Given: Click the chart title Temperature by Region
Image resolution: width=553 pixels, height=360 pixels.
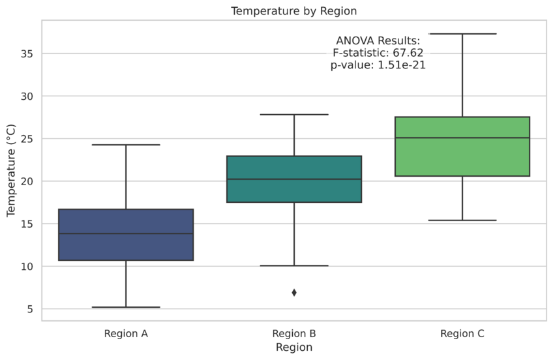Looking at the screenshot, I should (x=293, y=10).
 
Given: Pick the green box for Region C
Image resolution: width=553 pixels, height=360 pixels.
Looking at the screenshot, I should (x=462, y=157).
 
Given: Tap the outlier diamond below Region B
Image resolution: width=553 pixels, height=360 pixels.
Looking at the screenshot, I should (x=294, y=293).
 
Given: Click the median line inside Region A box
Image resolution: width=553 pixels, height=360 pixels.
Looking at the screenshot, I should (x=126, y=233).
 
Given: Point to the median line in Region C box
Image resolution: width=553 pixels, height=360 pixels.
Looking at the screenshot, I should (x=462, y=138).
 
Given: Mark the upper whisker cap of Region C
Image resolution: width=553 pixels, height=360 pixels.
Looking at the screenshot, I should (x=462, y=34).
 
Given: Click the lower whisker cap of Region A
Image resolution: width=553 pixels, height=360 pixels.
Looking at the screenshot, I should (x=126, y=307).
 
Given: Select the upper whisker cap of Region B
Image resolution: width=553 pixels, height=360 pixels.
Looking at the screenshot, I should (x=294, y=115).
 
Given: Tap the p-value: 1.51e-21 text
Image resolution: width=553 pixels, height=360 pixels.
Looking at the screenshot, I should (x=378, y=65).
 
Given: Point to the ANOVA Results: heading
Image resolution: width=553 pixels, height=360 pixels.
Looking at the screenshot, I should (x=378, y=41).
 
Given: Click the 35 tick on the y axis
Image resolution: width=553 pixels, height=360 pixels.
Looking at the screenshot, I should (x=27, y=53).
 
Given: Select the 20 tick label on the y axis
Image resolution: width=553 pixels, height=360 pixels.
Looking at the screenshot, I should (x=27, y=181).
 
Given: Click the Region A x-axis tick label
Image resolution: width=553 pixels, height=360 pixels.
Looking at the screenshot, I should (x=126, y=334).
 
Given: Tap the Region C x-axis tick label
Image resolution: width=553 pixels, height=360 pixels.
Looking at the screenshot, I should (x=462, y=334).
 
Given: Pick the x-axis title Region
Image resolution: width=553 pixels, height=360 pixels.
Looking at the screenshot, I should (x=294, y=348).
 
